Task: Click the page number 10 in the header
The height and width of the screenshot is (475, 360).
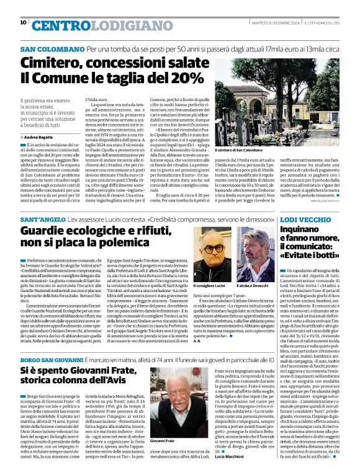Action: (x=23, y=23)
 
